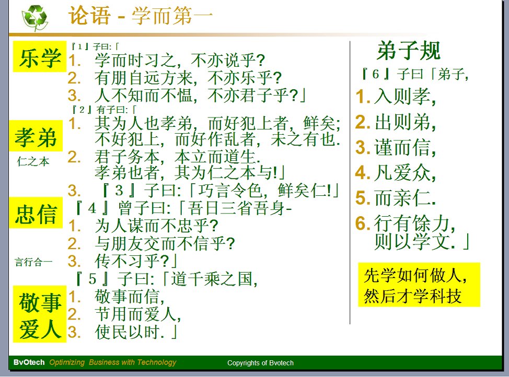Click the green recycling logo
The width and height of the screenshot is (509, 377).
click(x=34, y=18)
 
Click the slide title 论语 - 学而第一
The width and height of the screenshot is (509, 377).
click(x=140, y=16)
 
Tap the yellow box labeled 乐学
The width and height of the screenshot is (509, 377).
click(x=40, y=56)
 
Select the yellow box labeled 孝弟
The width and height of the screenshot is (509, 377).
click(x=36, y=136)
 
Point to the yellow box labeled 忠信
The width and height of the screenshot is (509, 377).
click(x=36, y=213)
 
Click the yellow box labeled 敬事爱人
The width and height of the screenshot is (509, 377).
click(x=40, y=314)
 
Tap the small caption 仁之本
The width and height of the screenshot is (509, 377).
click(x=33, y=161)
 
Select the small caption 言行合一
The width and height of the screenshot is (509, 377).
click(x=33, y=262)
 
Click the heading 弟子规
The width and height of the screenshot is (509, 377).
click(x=409, y=51)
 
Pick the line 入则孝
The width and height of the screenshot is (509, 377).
click(x=404, y=97)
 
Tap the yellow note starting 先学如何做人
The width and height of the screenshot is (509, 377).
click(x=419, y=285)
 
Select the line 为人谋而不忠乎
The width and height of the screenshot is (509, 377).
click(x=156, y=226)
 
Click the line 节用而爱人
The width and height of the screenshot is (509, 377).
click(x=137, y=314)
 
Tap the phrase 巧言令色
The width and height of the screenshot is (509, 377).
click(x=230, y=190)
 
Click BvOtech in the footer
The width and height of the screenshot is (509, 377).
click(x=29, y=362)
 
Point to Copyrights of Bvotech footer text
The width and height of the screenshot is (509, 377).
click(x=260, y=363)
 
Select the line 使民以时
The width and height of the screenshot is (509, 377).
click(x=136, y=332)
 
